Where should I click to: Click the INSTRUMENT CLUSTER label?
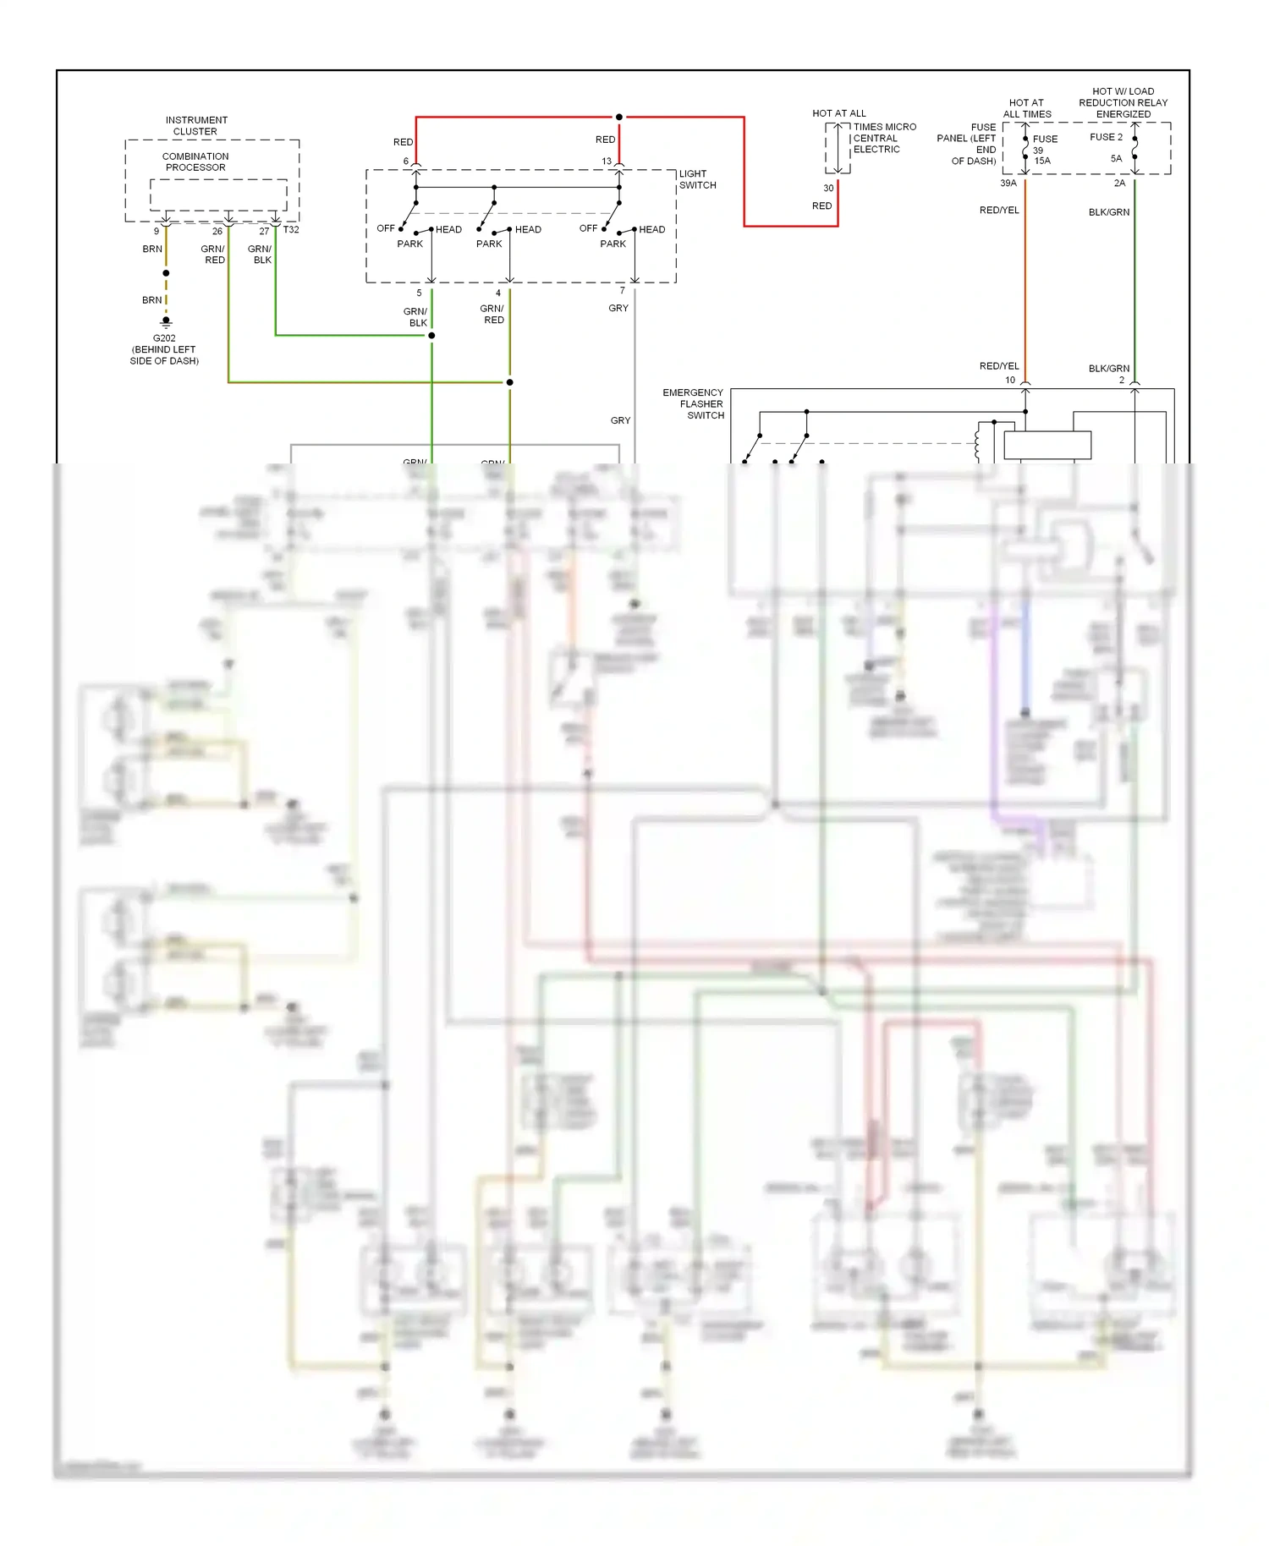[x=196, y=126]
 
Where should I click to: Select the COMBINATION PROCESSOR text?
[x=195, y=162]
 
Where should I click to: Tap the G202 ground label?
[x=164, y=338]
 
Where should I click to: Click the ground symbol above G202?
[x=166, y=322]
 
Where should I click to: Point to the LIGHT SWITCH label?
[x=697, y=179]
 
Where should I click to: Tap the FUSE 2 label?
[x=1106, y=137]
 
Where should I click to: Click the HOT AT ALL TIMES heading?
[x=1027, y=108]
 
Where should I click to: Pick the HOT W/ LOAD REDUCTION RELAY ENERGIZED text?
[x=1123, y=102]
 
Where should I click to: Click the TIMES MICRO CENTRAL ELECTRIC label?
[x=883, y=138]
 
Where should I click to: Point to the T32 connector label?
[x=291, y=230]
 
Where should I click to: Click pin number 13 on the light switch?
[x=607, y=161]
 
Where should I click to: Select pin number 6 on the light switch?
[x=406, y=161]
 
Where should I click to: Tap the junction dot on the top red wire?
[x=619, y=117]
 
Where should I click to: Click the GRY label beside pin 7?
[x=618, y=308]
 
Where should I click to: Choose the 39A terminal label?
[x=1008, y=183]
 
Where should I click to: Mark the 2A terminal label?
[x=1119, y=183]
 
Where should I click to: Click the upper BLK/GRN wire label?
[x=1108, y=212]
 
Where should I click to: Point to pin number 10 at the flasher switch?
[x=1010, y=380]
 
